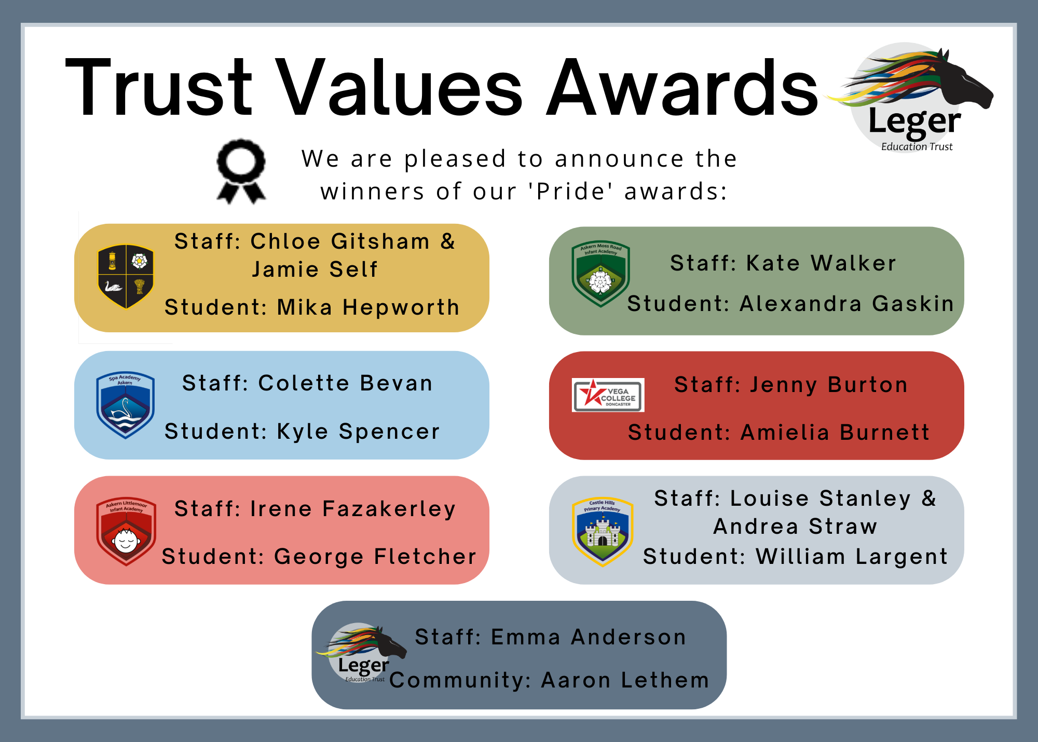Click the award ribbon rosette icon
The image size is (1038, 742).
241,171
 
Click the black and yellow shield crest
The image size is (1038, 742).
126,277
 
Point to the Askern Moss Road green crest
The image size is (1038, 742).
600,274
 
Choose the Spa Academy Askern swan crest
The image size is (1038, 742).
125,405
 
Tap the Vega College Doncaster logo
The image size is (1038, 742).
608,395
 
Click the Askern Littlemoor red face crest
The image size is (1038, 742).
126,532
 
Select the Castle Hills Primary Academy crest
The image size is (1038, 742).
602,532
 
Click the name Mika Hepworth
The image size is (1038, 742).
368,307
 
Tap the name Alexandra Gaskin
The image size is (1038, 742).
847,304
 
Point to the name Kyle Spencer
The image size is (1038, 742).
358,432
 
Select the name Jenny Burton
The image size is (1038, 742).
829,385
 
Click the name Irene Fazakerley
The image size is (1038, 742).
353,509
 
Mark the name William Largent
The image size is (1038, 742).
852,557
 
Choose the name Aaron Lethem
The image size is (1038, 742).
625,680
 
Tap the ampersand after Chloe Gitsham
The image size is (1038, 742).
448,241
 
